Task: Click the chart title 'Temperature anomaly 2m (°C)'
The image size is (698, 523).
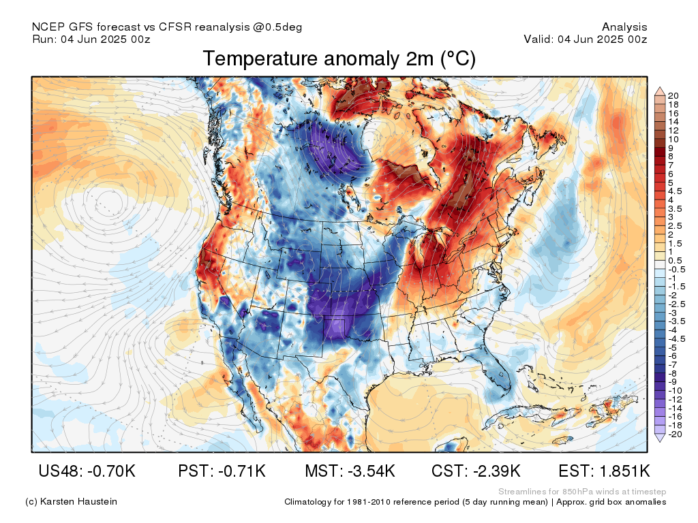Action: tap(339, 59)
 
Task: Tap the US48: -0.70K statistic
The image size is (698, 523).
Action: tap(87, 471)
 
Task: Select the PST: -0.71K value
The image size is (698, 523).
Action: tap(222, 471)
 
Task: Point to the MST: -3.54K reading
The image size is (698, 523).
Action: tap(350, 471)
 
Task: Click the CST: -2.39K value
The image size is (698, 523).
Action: tap(476, 471)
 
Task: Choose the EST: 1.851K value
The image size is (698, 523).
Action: tap(604, 471)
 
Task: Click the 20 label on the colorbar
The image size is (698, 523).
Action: tap(673, 95)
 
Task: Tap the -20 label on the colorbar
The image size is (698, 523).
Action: tap(675, 434)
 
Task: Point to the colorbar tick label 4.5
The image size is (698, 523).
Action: tap(675, 191)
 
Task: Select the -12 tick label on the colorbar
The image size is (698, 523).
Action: tap(675, 399)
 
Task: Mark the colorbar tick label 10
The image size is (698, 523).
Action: tap(673, 139)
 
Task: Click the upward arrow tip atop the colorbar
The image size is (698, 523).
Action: tap(660, 88)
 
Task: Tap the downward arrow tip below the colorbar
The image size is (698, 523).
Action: tap(660, 441)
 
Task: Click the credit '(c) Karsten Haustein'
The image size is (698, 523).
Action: tap(71, 501)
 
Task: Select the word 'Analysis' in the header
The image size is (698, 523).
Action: tap(624, 27)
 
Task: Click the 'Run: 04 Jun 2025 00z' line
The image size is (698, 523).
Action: tap(91, 39)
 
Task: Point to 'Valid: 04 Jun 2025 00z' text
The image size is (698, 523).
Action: tap(586, 39)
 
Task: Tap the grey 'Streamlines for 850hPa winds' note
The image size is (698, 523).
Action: tap(582, 492)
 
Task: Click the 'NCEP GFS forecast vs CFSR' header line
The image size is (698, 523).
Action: tap(167, 27)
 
